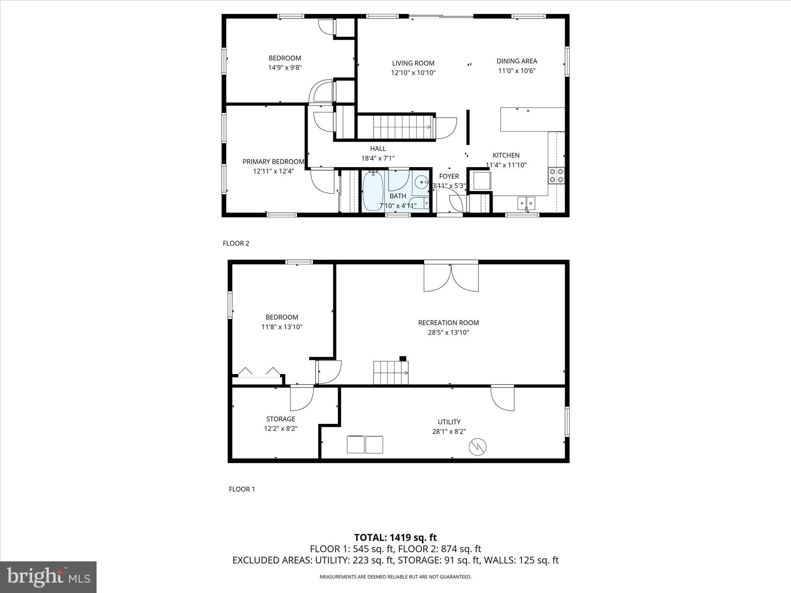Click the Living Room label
point(413,63)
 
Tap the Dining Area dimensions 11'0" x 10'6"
point(516,71)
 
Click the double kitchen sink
point(526,202)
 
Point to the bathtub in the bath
point(373,191)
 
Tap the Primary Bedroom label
point(273,162)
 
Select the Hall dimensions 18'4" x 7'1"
point(378,158)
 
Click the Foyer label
point(449,176)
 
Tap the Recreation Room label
point(448,323)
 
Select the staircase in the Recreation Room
point(390,373)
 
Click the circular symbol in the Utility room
point(477,447)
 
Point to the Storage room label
point(280,419)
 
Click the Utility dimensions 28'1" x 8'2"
point(449,432)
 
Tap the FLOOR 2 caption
point(236,243)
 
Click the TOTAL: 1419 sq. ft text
point(395,537)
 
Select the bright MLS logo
point(48,577)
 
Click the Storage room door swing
point(301,399)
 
